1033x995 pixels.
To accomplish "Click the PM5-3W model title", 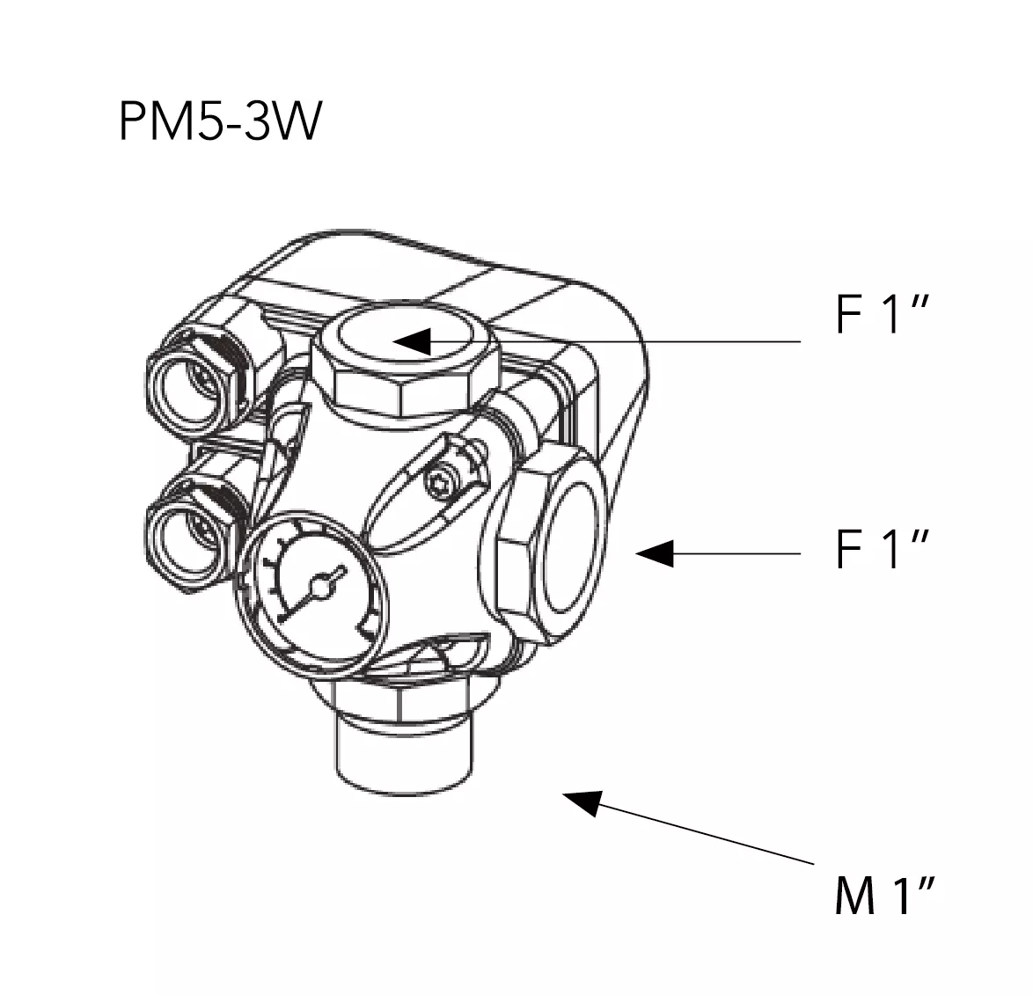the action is pos(220,121).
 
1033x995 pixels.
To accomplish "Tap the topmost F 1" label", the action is pos(883,315).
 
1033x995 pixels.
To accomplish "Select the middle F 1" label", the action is pos(883,549).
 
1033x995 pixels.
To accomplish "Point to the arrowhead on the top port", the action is pos(412,341).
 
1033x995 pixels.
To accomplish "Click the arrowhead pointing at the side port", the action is pos(655,553).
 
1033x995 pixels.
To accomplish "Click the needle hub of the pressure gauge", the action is pos(319,588).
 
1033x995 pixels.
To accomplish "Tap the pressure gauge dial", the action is pos(310,595).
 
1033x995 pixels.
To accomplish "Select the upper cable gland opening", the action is pos(190,392).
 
